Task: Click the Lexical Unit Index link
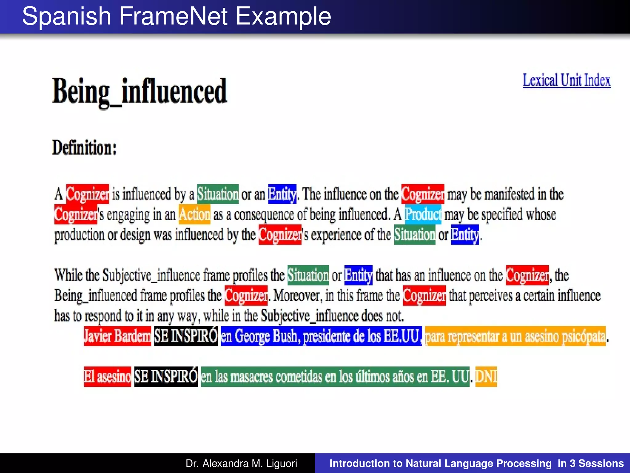tap(566, 80)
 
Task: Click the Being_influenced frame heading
tap(139, 91)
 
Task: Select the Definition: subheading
tap(84, 148)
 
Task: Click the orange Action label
tap(194, 214)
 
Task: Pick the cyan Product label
tap(423, 214)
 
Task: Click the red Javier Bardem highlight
tap(117, 336)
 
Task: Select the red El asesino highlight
tap(107, 377)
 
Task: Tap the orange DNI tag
tap(486, 377)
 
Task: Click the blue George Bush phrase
tap(321, 336)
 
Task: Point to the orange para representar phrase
tap(515, 336)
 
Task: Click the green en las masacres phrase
tap(335, 377)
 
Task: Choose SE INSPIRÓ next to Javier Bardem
tap(186, 336)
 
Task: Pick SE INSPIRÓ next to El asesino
tap(166, 377)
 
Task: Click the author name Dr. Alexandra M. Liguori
tap(241, 463)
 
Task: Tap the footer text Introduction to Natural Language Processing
tap(440, 463)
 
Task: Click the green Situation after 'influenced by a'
tap(218, 194)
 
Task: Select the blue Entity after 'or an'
tap(282, 194)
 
